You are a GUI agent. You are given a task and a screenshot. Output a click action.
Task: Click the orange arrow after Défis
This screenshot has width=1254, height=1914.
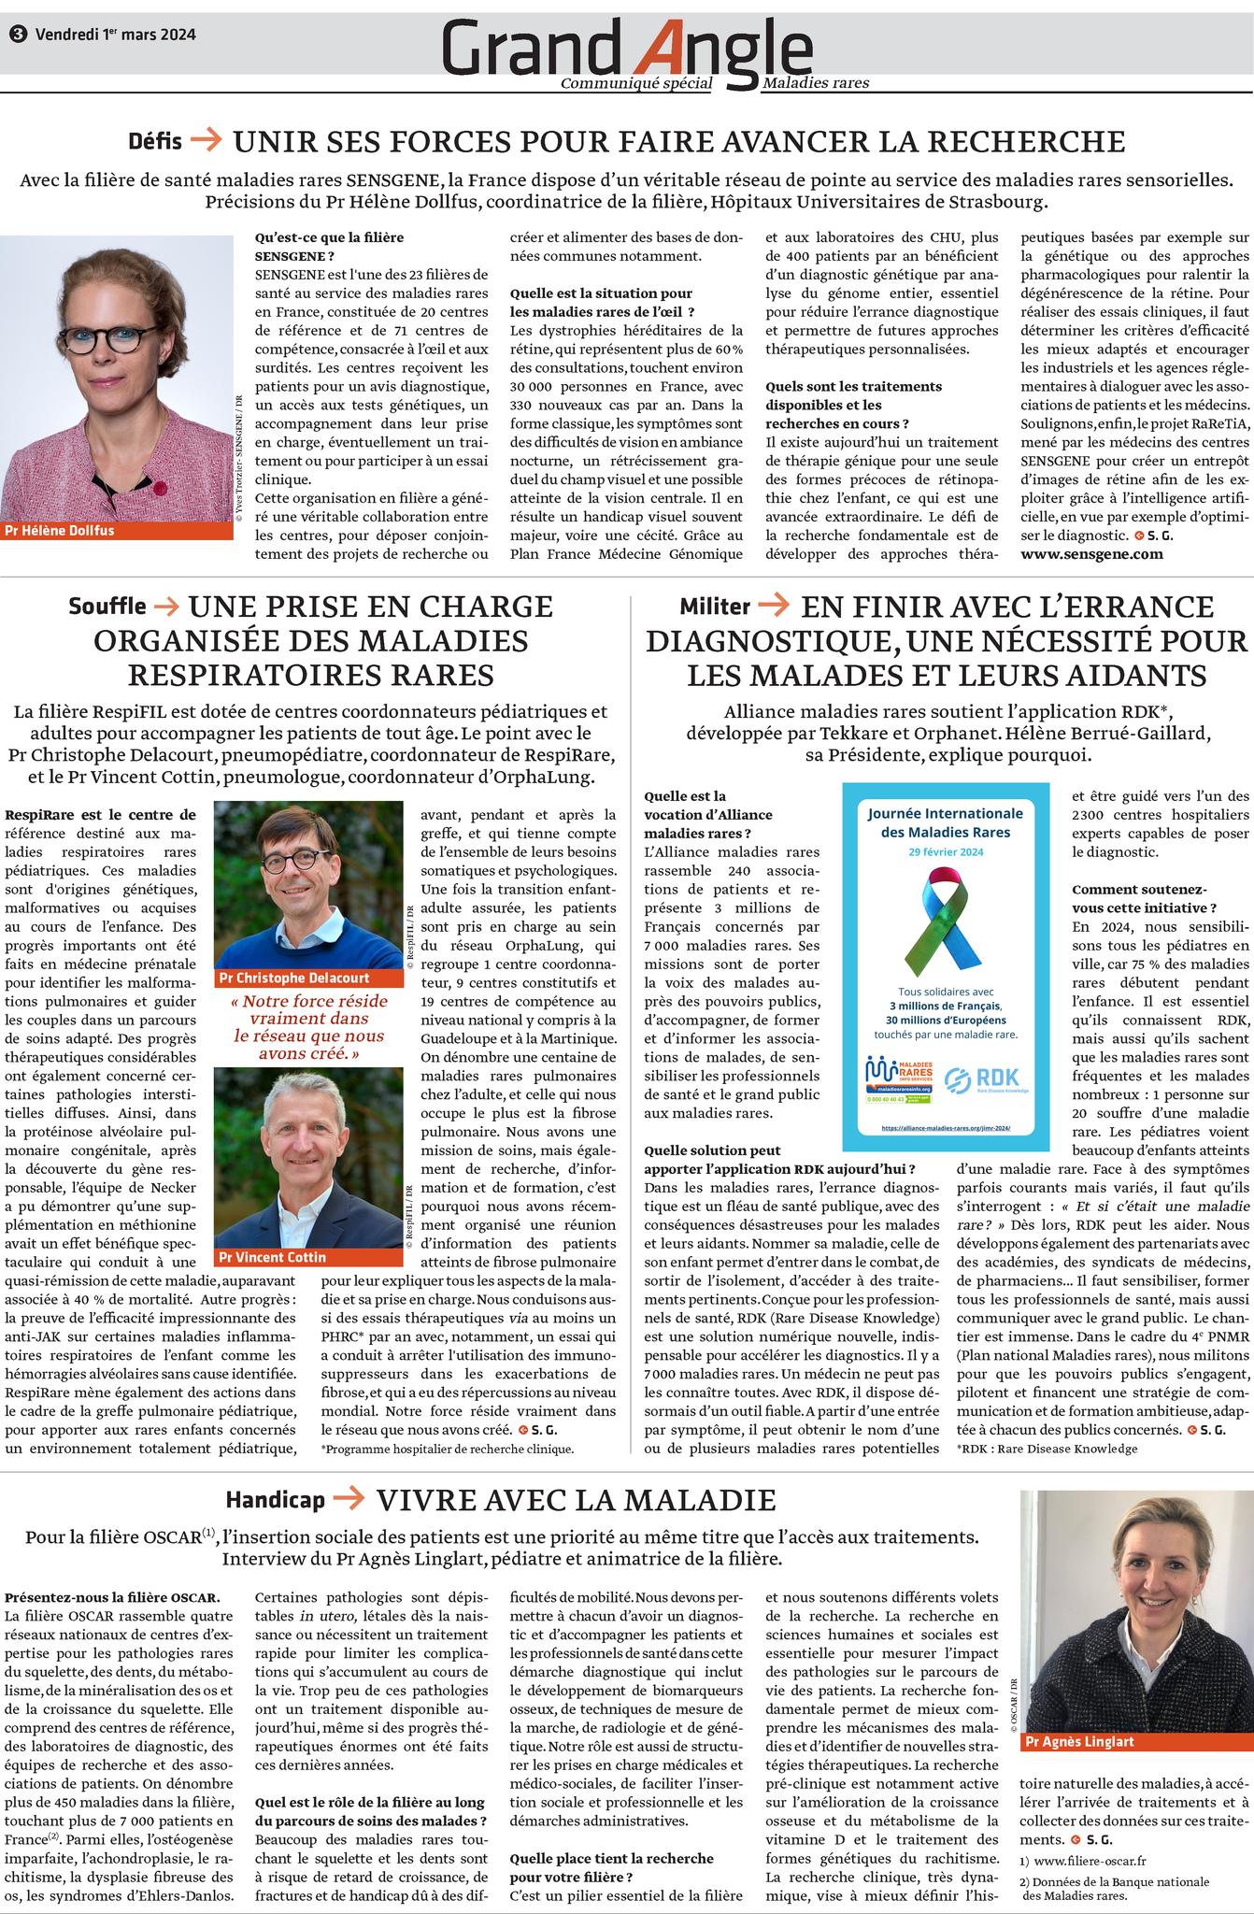[206, 140]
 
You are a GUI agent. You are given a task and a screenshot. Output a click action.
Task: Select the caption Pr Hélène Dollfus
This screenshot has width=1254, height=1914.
[60, 530]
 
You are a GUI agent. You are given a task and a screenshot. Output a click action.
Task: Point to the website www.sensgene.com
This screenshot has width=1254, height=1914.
[1091, 554]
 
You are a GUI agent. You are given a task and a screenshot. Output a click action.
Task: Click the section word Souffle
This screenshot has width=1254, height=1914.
[107, 607]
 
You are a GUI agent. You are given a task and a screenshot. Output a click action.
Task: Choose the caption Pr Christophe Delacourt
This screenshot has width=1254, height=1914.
[293, 978]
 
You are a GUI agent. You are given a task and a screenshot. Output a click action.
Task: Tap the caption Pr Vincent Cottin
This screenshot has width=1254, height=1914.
[272, 1257]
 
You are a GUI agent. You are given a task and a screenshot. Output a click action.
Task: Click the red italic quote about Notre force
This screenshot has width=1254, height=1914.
[308, 1027]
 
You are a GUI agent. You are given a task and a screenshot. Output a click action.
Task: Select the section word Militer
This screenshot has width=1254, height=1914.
[715, 607]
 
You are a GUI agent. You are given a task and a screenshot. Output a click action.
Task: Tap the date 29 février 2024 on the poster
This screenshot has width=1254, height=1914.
[946, 851]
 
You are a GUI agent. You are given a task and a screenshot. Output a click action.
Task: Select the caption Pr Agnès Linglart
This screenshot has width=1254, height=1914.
[1079, 1741]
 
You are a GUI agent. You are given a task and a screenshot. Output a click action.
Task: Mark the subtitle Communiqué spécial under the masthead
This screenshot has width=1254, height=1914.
[636, 83]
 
